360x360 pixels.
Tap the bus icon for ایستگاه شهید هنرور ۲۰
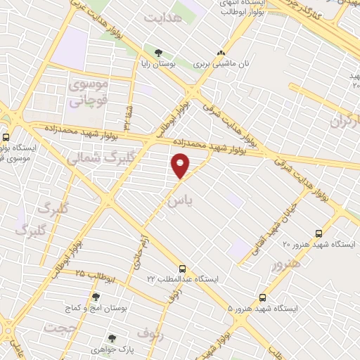pyautogui.click(x=319, y=233)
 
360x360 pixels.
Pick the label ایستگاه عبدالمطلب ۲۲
pyautogui.click(x=183, y=279)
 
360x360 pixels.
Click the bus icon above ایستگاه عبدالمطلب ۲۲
pyautogui.click(x=183, y=268)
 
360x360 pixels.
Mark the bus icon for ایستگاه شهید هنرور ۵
pyautogui.click(x=262, y=297)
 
